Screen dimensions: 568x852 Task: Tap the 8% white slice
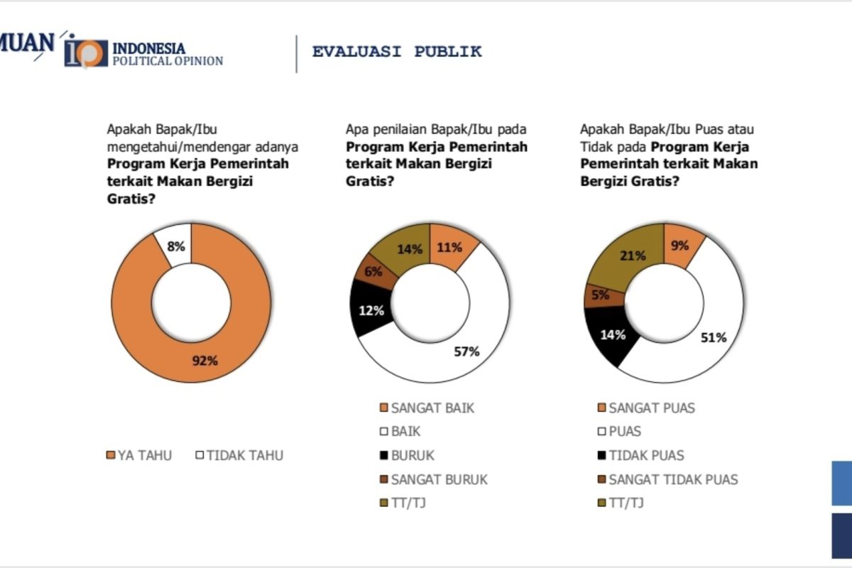click(x=175, y=246)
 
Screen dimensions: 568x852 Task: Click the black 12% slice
click(x=371, y=310)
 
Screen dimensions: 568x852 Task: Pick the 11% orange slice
click(x=450, y=247)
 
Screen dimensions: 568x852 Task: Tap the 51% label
click(x=714, y=337)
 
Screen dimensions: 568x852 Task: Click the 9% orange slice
click(x=680, y=246)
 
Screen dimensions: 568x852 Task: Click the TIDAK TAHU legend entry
click(x=239, y=456)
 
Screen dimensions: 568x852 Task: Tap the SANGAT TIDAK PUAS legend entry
click(x=667, y=479)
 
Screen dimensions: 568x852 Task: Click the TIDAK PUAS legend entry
click(x=640, y=456)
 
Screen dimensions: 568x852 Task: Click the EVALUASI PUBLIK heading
click(x=397, y=52)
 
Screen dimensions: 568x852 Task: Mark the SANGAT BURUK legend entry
click(x=434, y=479)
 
